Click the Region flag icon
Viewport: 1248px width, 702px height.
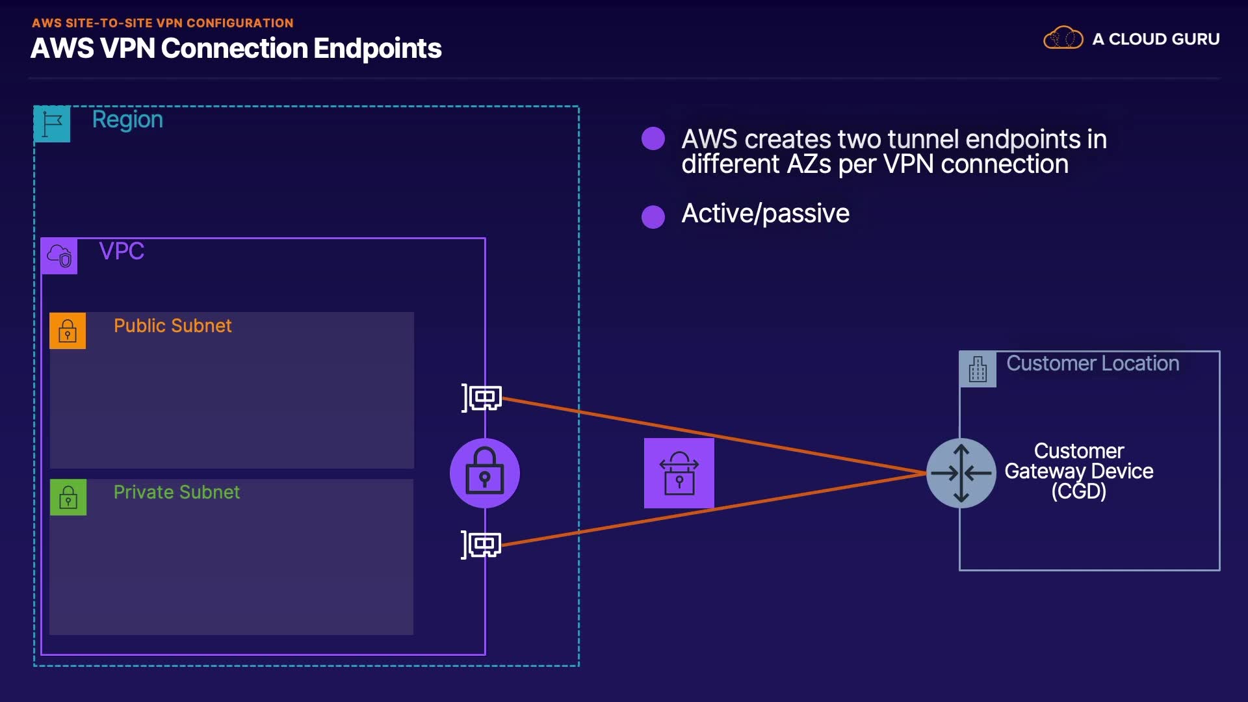(52, 123)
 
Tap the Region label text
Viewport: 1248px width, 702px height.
(127, 120)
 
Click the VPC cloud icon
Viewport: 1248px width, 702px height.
(59, 256)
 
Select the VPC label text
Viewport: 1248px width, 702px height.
(122, 251)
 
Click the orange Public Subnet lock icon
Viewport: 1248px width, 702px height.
(68, 331)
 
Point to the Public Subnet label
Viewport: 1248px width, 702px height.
(172, 326)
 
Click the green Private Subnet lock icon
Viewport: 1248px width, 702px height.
(68, 497)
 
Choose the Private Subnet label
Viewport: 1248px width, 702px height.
(176, 492)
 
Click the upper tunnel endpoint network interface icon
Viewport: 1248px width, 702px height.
(482, 397)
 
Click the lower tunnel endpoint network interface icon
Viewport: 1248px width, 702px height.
(482, 544)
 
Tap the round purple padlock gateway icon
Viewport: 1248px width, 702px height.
(485, 473)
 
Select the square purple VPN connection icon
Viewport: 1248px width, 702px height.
(679, 473)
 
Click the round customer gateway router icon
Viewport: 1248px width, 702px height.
(961, 473)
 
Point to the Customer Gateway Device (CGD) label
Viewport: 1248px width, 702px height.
(1079, 471)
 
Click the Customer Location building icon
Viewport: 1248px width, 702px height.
(978, 369)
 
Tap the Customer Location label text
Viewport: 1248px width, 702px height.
(1093, 363)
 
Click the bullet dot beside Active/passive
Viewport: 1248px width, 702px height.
(653, 217)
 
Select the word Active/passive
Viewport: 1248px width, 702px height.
(765, 214)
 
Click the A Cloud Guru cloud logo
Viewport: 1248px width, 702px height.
(1063, 38)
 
